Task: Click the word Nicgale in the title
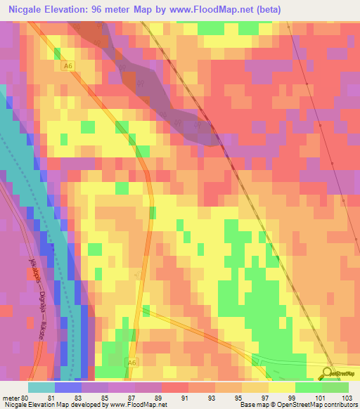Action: point(24,8)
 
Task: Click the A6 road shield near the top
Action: point(67,66)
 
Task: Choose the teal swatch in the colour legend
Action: point(41,388)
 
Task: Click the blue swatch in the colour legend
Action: point(67,388)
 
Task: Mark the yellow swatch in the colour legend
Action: point(282,388)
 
